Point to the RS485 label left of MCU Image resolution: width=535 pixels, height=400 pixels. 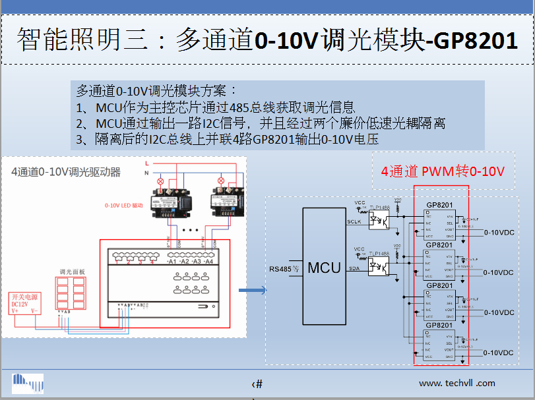coord(284,268)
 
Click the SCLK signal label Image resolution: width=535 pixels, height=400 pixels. coord(354,222)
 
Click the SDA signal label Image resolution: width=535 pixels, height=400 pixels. coord(354,269)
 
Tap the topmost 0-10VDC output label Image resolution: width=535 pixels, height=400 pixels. coord(499,233)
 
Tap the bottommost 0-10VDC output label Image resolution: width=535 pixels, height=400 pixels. coord(499,353)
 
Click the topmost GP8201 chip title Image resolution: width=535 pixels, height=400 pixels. coord(439,204)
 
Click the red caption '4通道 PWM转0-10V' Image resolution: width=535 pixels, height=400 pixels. coord(443,172)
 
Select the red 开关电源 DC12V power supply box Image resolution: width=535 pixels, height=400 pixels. coord(26,303)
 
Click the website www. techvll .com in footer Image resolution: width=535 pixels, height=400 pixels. coord(456,383)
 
